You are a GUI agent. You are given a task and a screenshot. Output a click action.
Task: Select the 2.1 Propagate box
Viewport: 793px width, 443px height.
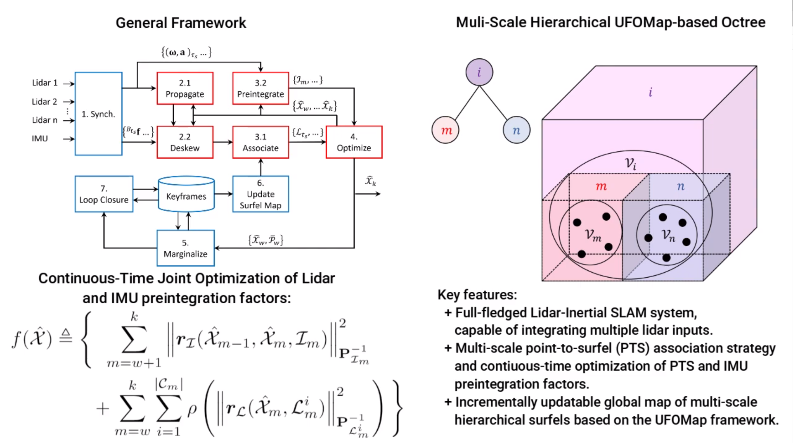coord(185,88)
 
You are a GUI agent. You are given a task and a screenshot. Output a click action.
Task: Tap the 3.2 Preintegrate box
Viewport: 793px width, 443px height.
coord(260,88)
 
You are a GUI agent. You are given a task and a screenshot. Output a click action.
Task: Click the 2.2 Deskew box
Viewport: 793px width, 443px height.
coord(185,142)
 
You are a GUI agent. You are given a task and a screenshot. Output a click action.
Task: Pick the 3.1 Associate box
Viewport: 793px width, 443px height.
coord(260,142)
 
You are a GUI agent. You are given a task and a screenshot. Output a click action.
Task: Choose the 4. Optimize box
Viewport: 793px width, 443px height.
coord(354,142)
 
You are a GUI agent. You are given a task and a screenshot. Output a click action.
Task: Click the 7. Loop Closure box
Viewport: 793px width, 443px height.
coord(104,194)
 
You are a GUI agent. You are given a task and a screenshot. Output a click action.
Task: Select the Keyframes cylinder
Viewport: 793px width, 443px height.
coord(186,194)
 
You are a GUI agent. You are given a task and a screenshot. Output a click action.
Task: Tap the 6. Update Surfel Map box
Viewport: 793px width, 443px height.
coord(260,194)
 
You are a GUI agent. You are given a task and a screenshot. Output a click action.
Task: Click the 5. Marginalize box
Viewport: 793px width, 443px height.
coord(185,248)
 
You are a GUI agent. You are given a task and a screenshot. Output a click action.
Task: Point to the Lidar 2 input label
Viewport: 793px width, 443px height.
coord(45,102)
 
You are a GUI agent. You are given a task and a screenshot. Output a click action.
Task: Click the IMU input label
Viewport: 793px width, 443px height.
coord(40,138)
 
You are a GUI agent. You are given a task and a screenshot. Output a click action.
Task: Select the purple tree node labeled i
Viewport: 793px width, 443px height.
coord(479,72)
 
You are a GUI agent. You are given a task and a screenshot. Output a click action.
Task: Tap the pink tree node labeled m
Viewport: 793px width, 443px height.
coord(445,130)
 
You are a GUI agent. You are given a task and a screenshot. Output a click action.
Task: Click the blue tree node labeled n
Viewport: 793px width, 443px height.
coord(516,130)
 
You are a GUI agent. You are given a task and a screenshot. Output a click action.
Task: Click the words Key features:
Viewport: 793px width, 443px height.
coord(477,294)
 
